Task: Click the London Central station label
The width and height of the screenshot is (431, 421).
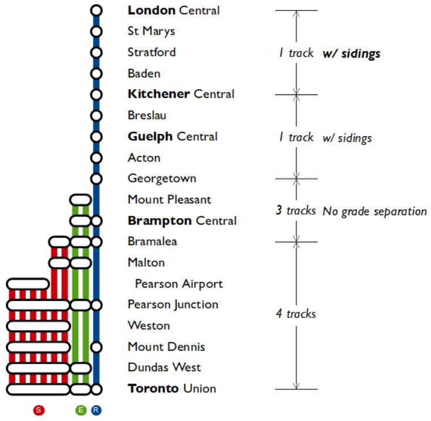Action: pos(174,10)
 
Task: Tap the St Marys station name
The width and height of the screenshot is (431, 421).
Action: pos(151,31)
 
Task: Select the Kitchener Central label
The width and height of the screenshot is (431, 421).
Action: pos(181,94)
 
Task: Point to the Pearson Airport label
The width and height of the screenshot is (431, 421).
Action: pos(179,284)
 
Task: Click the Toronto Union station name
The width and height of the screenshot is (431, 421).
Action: pos(172,388)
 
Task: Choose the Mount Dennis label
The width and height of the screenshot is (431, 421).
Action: pos(166,347)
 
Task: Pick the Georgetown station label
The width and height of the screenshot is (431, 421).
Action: pos(162,178)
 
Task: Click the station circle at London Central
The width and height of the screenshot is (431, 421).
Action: pos(96,10)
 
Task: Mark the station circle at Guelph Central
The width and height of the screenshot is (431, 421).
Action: pos(96,137)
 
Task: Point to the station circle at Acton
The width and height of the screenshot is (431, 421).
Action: pos(96,158)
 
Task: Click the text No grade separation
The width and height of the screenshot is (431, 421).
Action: pos(374,211)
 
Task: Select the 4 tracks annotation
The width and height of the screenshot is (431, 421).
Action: pos(296,314)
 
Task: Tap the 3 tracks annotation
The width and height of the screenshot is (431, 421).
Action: pos(296,210)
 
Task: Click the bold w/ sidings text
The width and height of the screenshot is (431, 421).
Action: pos(351,54)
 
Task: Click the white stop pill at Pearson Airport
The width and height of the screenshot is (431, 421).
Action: pos(28,284)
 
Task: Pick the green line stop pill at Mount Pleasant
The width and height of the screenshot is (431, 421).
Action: pos(80,200)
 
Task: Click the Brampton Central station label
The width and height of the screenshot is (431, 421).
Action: pos(182,220)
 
